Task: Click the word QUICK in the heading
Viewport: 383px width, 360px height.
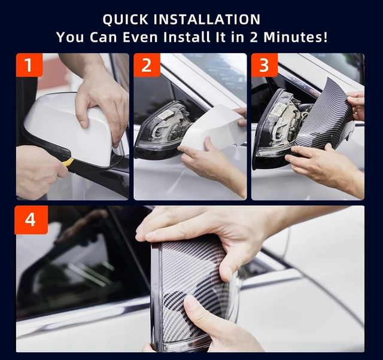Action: (125, 20)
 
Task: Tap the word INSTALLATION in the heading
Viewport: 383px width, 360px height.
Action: (207, 20)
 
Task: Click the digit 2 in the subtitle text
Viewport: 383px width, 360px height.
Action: (254, 37)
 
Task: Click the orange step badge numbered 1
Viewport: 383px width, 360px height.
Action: (29, 65)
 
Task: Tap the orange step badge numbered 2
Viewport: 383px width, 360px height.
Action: (147, 65)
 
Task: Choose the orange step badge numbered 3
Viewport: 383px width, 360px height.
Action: (265, 65)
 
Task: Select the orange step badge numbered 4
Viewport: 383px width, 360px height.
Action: (31, 220)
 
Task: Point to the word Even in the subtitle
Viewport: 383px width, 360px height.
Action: (140, 37)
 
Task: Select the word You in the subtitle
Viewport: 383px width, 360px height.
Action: (71, 37)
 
